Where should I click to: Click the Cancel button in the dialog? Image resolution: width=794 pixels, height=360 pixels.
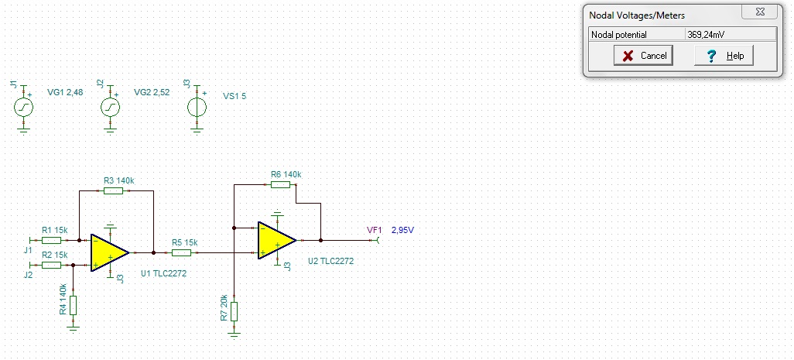click(643, 56)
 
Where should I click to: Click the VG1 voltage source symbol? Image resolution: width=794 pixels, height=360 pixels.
click(23, 107)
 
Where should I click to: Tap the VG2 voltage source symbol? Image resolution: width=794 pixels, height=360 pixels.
click(110, 107)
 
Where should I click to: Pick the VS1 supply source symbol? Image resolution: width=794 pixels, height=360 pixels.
click(197, 107)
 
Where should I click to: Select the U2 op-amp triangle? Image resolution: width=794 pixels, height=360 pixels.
click(276, 240)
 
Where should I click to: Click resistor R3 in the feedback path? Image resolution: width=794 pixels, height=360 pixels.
click(113, 191)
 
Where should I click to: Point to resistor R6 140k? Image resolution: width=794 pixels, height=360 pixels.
click(280, 184)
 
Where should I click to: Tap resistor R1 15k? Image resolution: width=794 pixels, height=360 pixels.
click(51, 240)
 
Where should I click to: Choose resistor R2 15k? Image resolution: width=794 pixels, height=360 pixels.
click(51, 265)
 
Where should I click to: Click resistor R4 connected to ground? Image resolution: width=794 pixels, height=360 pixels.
click(74, 305)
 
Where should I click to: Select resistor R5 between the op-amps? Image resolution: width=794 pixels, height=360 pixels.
click(181, 252)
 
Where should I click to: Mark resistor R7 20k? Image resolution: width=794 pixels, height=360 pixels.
click(234, 311)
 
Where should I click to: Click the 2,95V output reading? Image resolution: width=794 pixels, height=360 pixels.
click(403, 231)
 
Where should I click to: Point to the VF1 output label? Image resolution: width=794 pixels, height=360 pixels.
click(375, 231)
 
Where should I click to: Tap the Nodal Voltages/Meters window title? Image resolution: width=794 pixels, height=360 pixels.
click(637, 15)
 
